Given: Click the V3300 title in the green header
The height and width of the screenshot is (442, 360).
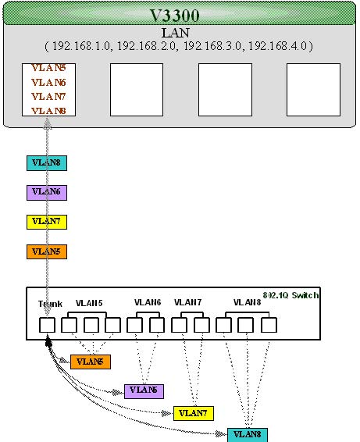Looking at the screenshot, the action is click(x=174, y=15).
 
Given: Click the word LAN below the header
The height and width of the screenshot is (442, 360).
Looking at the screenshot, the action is click(x=176, y=33).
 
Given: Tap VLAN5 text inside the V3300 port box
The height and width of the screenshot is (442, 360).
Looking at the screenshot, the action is click(x=48, y=68).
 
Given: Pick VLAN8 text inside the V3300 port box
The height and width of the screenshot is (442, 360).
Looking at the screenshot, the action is click(x=48, y=111).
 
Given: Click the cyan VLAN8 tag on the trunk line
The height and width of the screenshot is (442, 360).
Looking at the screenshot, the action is click(x=47, y=163).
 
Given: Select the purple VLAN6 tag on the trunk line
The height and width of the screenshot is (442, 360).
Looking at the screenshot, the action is click(x=47, y=193).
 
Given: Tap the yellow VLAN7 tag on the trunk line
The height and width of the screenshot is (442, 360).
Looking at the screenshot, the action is click(x=47, y=222).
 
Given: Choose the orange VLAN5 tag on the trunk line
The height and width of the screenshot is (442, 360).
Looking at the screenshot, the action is click(x=47, y=251).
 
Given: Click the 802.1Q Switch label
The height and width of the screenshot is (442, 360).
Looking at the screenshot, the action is click(x=290, y=295).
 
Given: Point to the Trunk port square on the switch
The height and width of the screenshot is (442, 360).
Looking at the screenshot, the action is click(x=47, y=325).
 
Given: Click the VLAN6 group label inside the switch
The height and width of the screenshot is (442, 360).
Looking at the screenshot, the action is click(x=148, y=302).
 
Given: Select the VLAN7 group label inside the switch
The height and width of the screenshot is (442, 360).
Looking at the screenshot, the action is click(x=187, y=302).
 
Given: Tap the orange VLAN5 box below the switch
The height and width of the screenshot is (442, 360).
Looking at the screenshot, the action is click(x=91, y=362).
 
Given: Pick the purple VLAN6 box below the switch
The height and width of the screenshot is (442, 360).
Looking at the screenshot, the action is click(x=144, y=391).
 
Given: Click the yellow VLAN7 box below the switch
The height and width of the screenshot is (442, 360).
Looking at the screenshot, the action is click(x=194, y=413).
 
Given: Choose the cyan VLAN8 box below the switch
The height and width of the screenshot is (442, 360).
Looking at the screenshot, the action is click(x=248, y=435).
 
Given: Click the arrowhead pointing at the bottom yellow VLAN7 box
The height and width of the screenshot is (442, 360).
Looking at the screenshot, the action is click(x=167, y=414).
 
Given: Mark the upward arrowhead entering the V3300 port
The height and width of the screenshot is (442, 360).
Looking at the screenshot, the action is click(x=48, y=123).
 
